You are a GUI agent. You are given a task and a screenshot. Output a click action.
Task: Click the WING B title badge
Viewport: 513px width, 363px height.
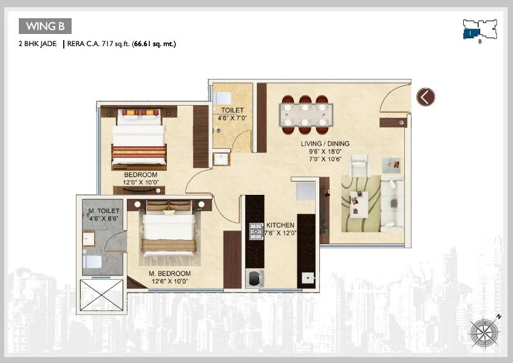46,26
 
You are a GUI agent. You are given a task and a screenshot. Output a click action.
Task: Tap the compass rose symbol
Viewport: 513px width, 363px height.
485,331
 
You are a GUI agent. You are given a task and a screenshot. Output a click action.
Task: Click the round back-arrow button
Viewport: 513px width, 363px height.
426,97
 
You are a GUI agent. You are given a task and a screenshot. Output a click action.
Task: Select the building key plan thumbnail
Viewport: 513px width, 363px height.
479,30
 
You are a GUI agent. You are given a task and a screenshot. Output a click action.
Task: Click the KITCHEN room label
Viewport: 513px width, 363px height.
280,225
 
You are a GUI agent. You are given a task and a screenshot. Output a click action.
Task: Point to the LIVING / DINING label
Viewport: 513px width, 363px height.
325,144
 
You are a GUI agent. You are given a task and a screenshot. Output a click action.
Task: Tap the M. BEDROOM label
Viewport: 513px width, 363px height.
169,273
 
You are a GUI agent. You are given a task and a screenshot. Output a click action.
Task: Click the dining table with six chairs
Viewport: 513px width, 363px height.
306,114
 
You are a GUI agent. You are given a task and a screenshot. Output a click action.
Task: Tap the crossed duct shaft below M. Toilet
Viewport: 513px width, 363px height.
101,296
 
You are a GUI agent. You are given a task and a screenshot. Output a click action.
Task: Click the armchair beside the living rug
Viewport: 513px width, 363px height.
360,165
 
